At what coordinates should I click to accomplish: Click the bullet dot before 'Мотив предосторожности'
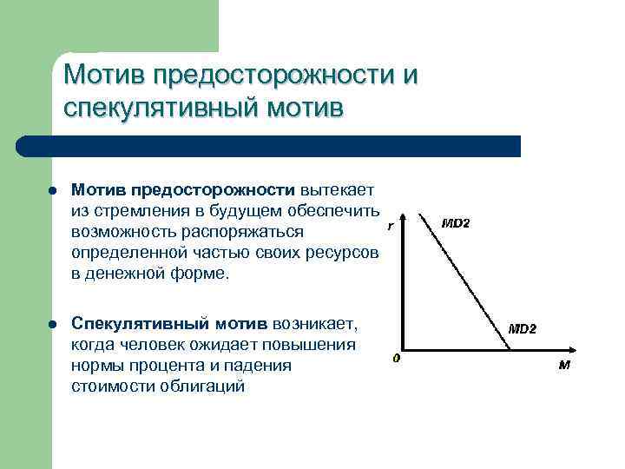click(53, 190)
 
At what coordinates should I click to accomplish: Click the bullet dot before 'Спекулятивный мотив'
click(53, 324)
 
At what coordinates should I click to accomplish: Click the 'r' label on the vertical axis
click(391, 226)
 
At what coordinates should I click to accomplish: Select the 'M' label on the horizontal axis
click(564, 365)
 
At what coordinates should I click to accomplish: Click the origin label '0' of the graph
click(396, 358)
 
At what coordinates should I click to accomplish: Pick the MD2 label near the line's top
click(456, 223)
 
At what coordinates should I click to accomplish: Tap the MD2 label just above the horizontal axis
click(522, 329)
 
